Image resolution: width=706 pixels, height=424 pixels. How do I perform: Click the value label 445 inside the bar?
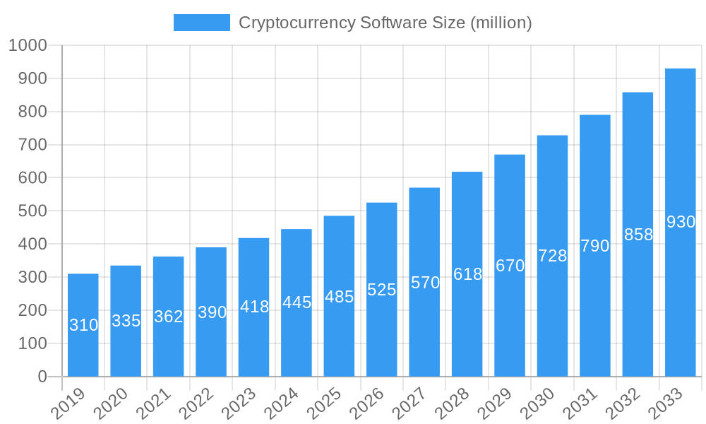tap(297, 302)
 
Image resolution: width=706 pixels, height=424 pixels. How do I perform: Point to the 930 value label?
tap(681, 222)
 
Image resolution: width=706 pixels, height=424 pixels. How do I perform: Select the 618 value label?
tap(467, 274)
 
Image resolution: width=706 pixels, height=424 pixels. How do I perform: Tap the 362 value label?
tap(169, 317)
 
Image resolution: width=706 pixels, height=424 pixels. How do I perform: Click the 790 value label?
tap(594, 246)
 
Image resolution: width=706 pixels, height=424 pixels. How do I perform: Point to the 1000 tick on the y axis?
tap(28, 45)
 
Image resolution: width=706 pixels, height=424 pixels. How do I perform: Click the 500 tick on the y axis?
tap(32, 211)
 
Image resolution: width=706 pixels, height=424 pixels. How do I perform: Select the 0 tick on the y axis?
tap(42, 377)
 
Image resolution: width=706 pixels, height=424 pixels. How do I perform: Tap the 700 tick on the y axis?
tap(32, 145)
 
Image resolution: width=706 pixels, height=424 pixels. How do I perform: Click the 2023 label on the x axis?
tap(239, 404)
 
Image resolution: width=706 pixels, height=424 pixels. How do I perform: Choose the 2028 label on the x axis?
tap(452, 404)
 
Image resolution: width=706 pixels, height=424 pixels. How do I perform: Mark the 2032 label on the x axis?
tap(623, 404)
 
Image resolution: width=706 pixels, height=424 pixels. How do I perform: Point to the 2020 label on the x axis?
tap(111, 404)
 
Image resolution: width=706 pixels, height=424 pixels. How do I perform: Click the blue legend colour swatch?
tap(202, 23)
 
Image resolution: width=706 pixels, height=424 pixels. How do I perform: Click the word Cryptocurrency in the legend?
tap(297, 23)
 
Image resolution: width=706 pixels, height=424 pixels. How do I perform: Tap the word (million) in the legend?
tap(501, 23)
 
